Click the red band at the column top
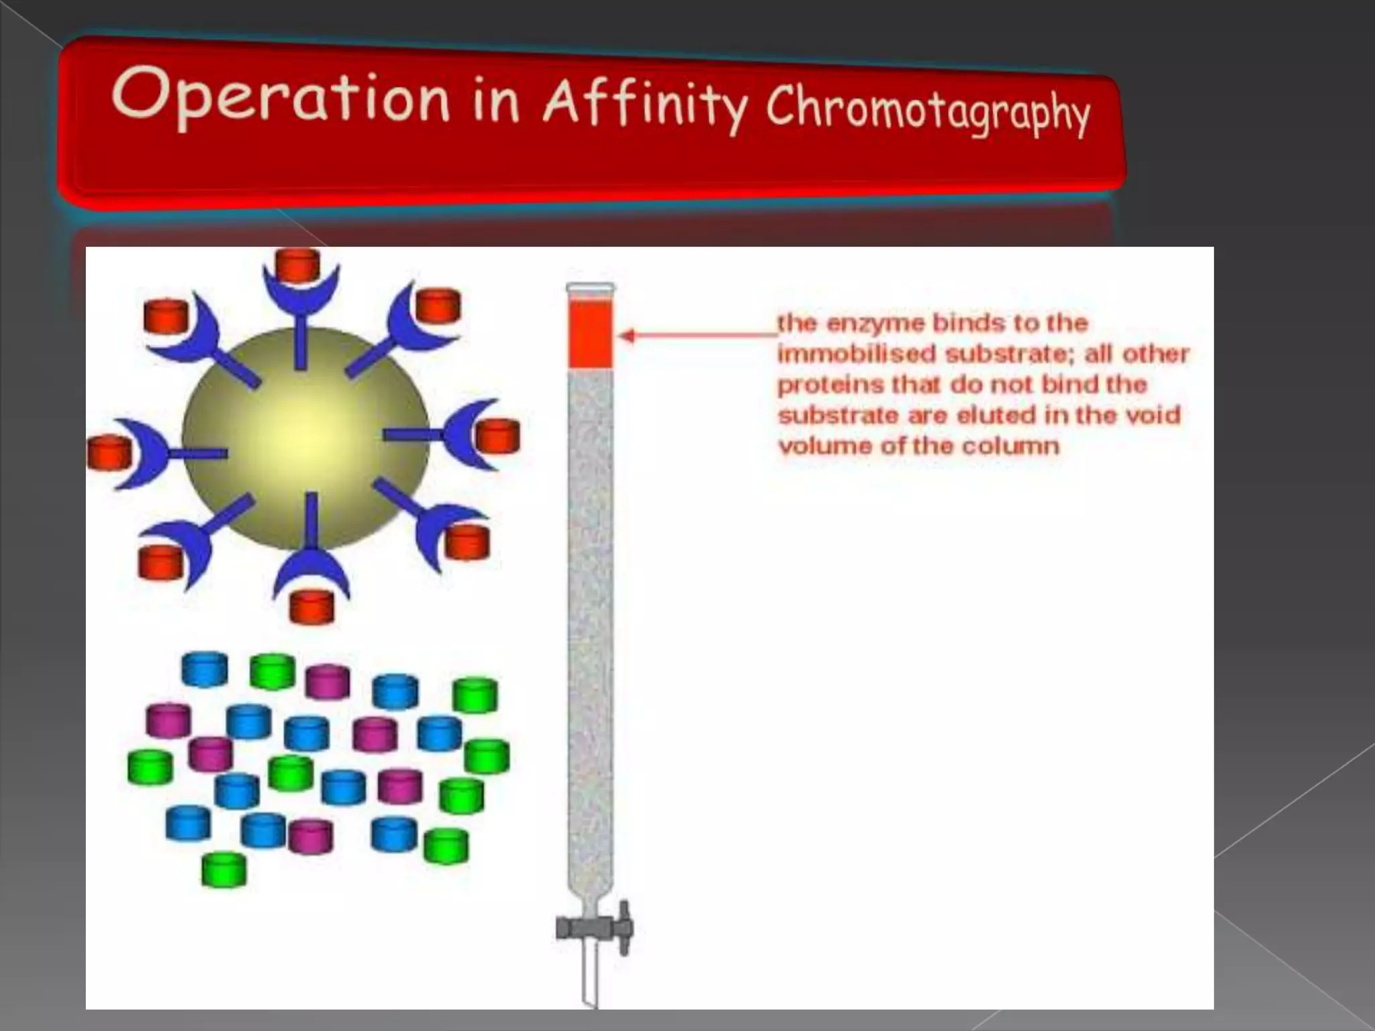[x=591, y=334]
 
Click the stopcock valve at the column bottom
[x=595, y=928]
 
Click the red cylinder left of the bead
[x=109, y=452]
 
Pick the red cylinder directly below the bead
[x=312, y=607]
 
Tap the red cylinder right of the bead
[x=497, y=436]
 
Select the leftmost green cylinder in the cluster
[x=150, y=767]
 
